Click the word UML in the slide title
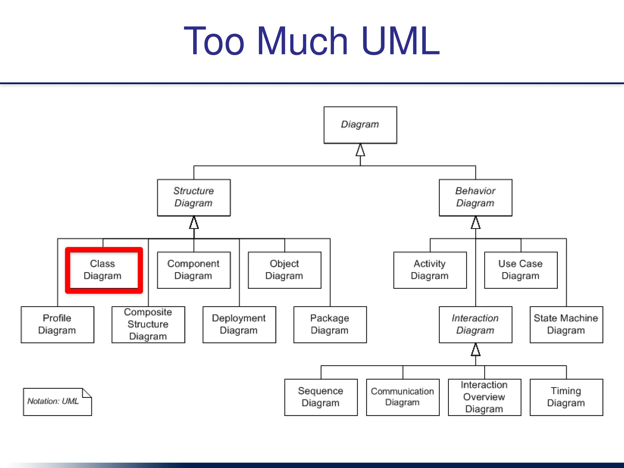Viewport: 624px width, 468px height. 400,41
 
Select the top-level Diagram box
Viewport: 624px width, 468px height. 360,125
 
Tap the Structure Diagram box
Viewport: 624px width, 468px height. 194,197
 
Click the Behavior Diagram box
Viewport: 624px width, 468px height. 475,197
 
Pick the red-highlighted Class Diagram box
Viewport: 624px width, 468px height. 104,270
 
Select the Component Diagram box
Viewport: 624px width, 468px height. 194,270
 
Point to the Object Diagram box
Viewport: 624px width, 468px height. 285,270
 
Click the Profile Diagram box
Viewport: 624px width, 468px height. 57,324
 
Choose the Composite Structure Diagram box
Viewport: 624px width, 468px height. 148,324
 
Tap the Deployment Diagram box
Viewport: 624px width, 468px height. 239,324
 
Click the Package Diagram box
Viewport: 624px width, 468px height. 330,324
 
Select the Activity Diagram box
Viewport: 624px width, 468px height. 430,270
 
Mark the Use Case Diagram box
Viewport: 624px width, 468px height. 521,270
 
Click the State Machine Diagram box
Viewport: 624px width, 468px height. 566,324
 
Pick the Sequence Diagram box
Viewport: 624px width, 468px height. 321,397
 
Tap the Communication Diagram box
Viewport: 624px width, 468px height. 402,397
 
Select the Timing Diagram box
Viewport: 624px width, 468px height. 566,397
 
